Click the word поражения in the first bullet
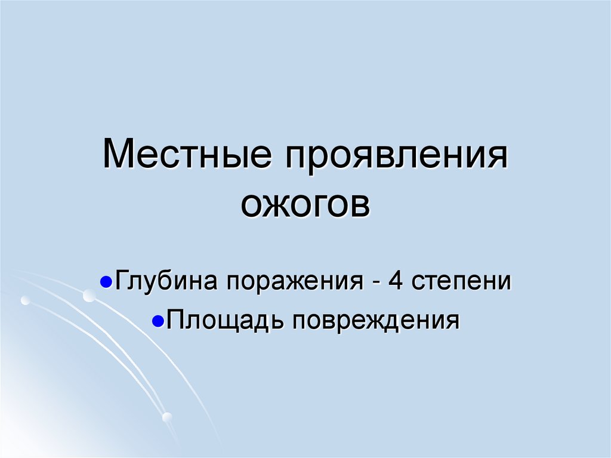tap(292, 281)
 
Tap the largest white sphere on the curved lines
tap(89, 295)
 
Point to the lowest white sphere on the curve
tap(167, 416)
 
